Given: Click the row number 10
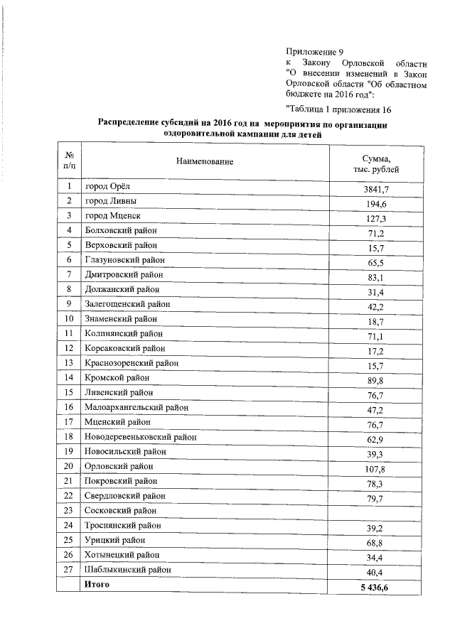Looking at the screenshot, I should click(70, 318).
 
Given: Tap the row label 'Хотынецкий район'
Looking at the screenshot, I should click(122, 554).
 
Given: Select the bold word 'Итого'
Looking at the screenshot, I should click(97, 584).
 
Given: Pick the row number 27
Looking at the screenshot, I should click(70, 568).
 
